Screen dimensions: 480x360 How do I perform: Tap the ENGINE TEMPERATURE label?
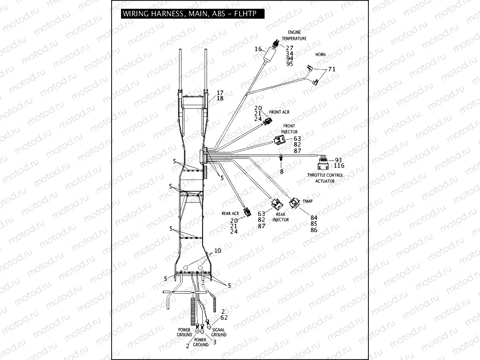[x=294, y=35]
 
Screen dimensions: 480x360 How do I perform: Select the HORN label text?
[x=320, y=55]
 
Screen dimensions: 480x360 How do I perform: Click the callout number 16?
[x=258, y=49]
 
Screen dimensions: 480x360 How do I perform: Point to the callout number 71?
[x=332, y=69]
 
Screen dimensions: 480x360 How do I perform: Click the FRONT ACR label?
[x=279, y=112]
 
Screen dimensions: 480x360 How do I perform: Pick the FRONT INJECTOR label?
[x=289, y=129]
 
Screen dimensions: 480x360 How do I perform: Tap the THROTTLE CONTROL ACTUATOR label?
[x=325, y=178]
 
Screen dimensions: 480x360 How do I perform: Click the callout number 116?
[x=339, y=166]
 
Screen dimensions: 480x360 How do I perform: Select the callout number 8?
[x=282, y=171]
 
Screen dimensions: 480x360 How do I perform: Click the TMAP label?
[x=308, y=201]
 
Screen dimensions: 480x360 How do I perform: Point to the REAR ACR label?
[x=230, y=213]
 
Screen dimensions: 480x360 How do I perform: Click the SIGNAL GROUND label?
[x=219, y=332]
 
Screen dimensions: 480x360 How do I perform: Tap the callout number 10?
[x=217, y=251]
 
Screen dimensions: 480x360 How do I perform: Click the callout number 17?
[x=220, y=92]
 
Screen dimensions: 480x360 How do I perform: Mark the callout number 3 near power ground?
[x=214, y=342]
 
